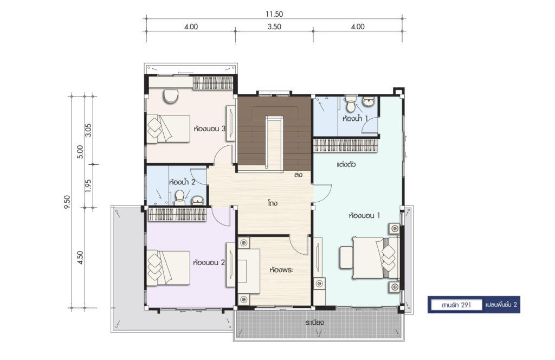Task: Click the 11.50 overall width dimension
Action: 274,14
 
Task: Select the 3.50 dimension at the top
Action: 274,27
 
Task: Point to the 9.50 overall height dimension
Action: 67,202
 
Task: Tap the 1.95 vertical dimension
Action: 88,185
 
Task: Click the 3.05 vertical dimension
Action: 88,130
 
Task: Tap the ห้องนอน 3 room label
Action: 210,128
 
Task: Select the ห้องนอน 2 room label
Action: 209,262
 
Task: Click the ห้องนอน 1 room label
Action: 364,215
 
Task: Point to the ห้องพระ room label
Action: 281,270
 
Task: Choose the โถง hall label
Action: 273,203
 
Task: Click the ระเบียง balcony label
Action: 315,323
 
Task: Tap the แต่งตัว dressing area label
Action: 346,165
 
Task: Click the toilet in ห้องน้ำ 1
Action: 351,104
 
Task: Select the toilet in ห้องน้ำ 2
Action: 180,198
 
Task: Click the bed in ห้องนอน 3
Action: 169,129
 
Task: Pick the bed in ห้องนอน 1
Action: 376,258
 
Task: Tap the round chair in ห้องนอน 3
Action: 171,97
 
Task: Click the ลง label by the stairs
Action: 299,175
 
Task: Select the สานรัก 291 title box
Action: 456,305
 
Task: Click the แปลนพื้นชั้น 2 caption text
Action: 501,305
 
